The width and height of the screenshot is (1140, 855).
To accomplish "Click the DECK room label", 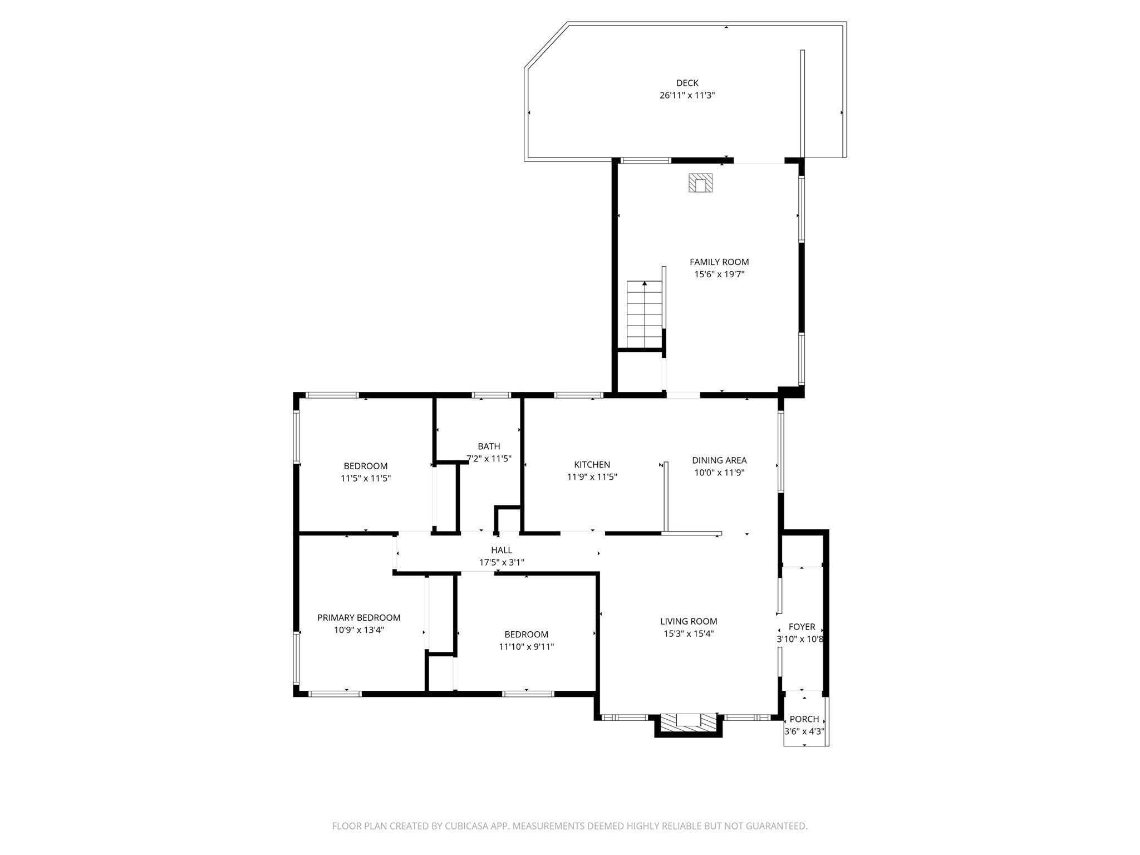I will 687,83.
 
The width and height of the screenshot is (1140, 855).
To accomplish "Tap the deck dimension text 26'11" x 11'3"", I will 687,95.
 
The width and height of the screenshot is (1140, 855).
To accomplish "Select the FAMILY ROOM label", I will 719,262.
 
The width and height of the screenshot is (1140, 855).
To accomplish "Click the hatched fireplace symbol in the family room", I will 701,183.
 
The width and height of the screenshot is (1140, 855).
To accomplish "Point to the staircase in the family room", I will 645,315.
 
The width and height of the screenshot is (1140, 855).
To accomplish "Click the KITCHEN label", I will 592,464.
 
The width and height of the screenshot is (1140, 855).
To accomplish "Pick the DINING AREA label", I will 719,460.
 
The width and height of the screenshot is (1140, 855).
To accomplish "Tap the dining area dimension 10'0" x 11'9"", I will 719,473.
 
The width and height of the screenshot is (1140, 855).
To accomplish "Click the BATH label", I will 489,446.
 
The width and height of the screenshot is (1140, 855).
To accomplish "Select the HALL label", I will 502,550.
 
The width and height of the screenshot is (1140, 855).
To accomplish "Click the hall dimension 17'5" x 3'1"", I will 502,562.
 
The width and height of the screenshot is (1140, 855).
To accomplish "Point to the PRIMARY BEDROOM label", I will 358,617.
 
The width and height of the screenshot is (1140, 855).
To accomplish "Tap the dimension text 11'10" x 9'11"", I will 526,646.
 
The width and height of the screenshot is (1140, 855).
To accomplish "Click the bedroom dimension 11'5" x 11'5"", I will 366,478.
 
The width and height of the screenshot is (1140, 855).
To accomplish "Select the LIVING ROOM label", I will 689,621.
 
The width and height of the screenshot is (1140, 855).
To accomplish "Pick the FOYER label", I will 802,627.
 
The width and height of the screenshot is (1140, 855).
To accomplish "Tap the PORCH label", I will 804,719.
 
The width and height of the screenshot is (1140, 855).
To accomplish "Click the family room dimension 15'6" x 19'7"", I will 719,274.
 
